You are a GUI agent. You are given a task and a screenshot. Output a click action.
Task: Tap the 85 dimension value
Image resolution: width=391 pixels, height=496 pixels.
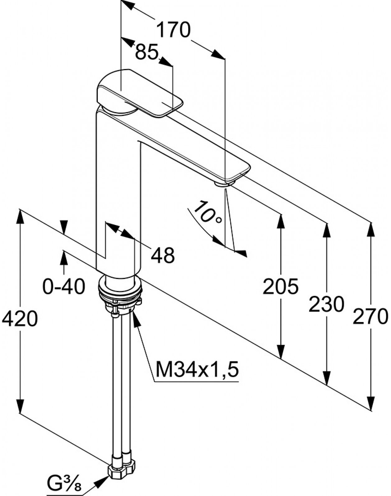[x=147, y=52]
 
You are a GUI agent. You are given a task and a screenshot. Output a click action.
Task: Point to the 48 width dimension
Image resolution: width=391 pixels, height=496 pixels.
[x=163, y=255]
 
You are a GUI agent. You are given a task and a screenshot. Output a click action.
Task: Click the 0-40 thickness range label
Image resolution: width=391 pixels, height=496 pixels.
[x=63, y=286]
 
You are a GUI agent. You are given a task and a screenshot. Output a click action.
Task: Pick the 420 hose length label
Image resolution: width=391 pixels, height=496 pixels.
[x=20, y=318]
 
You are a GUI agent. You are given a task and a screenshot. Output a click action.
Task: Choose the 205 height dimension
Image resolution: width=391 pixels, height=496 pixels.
[x=281, y=286]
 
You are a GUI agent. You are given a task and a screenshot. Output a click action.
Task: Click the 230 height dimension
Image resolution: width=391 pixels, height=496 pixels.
[x=326, y=304]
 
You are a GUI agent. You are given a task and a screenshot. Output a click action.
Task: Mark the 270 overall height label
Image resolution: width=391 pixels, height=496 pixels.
[x=370, y=316]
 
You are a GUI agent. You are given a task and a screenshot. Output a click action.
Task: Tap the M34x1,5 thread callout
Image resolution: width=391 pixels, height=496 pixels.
[x=197, y=370]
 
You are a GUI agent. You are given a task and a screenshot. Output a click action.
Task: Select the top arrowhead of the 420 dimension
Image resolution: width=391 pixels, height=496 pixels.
[x=20, y=217]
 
